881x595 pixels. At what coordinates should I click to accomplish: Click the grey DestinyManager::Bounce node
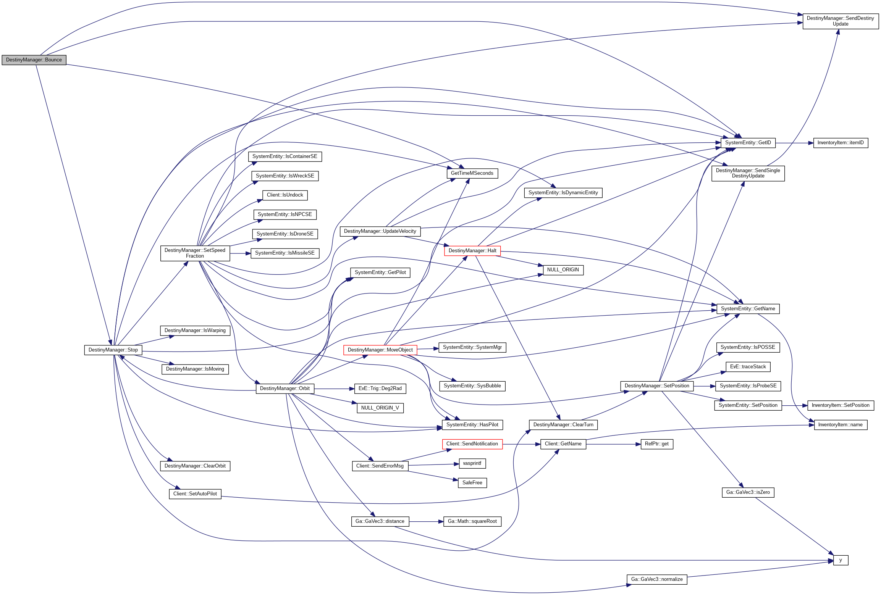click(x=34, y=60)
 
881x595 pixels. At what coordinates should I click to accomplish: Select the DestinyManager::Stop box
click(x=113, y=350)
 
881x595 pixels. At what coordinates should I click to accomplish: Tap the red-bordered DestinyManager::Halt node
click(x=472, y=251)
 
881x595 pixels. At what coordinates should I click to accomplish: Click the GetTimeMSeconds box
click(x=472, y=173)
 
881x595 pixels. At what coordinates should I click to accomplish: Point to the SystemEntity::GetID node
click(x=748, y=143)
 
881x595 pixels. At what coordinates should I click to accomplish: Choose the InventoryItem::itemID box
click(x=841, y=143)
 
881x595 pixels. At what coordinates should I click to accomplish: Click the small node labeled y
click(x=841, y=560)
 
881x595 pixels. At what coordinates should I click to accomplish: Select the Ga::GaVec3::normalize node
click(x=657, y=579)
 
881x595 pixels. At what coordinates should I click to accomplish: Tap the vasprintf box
click(x=472, y=463)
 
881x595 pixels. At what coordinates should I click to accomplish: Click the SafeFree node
click(x=472, y=483)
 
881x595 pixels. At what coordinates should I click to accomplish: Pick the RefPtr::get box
click(x=656, y=444)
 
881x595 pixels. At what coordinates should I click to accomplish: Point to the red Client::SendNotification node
click(x=472, y=444)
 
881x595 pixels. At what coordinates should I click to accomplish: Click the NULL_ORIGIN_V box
click(x=380, y=408)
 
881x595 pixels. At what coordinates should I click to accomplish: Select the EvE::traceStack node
click(x=748, y=367)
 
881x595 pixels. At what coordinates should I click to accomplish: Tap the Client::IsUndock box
click(x=285, y=195)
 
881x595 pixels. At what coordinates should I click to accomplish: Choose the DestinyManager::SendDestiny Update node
click(x=840, y=21)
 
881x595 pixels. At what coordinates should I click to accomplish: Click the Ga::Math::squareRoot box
click(x=472, y=521)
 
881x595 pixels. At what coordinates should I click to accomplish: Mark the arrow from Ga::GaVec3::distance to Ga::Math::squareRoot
click(x=426, y=521)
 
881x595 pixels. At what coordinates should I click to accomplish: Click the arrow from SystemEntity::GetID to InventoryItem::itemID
click(x=794, y=143)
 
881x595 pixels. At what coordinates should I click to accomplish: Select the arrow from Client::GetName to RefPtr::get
click(x=613, y=444)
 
